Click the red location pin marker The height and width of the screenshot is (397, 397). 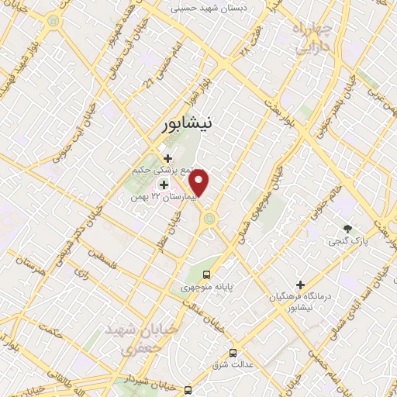pyautogui.click(x=200, y=183)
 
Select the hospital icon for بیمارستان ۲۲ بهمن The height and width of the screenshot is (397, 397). pyautogui.click(x=164, y=185)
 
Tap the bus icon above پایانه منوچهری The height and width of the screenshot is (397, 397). pyautogui.click(x=206, y=274)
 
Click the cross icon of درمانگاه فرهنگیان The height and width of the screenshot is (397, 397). pyautogui.click(x=301, y=285)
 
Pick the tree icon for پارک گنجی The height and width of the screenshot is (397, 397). pyautogui.click(x=348, y=230)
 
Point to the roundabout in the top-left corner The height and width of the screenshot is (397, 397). pyautogui.click(x=53, y=21)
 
